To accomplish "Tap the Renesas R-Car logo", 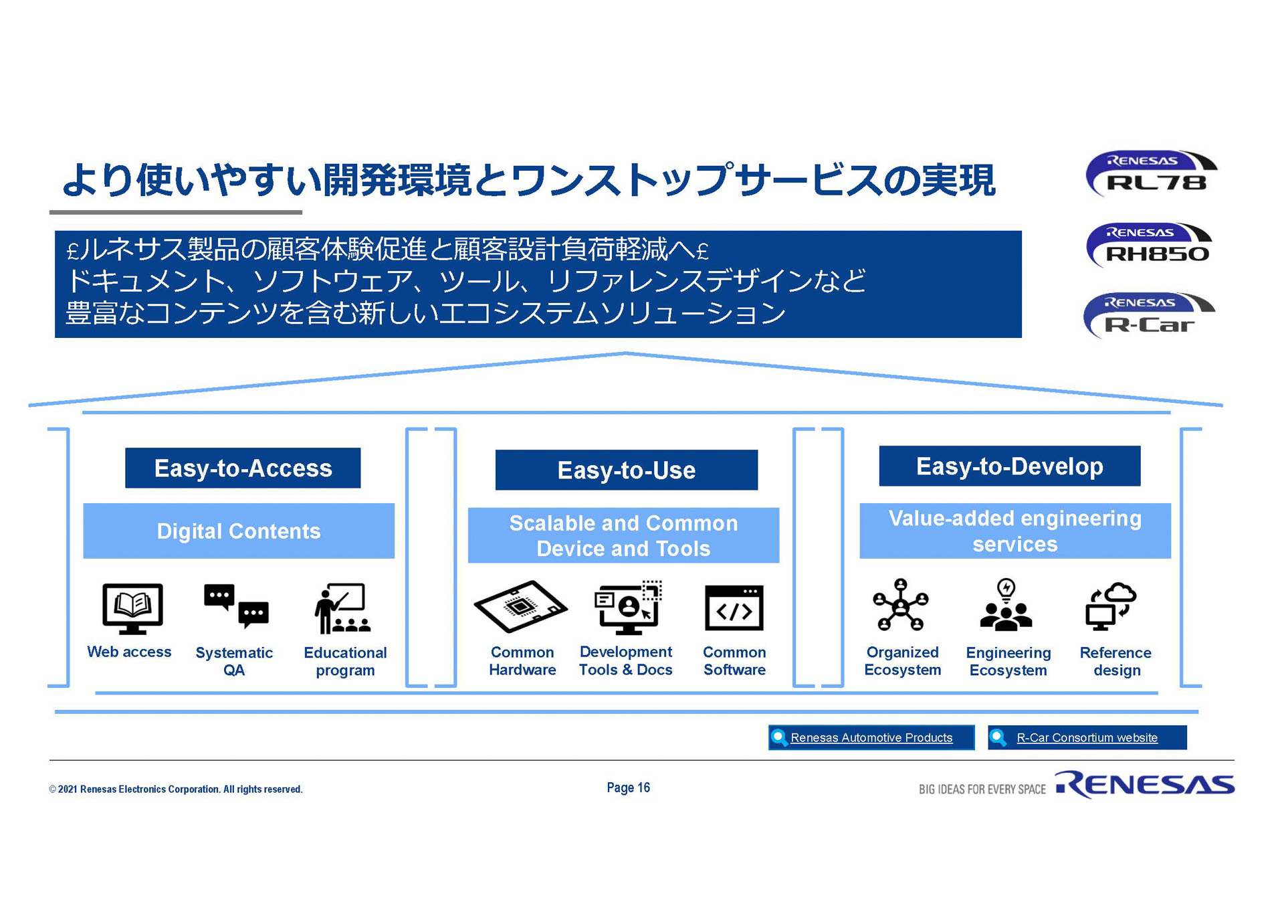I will tap(1149, 316).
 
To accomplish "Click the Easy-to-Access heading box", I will tap(243, 468).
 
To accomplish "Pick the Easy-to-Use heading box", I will tap(626, 470).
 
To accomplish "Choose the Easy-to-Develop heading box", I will tap(1009, 466).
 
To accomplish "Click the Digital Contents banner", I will tap(239, 531).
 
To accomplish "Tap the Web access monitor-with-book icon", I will tap(132, 608).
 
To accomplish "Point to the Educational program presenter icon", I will tap(343, 608).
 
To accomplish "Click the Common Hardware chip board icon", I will tap(521, 606).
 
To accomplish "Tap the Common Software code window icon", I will tap(734, 608).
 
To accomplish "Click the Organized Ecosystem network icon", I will tap(901, 605).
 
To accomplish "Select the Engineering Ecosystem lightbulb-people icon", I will tap(1006, 605).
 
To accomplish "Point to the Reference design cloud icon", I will tap(1111, 606).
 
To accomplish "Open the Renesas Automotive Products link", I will tap(871, 737).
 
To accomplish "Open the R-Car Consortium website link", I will tap(1087, 737).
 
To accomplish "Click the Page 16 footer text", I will tap(628, 788).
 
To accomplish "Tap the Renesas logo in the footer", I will tap(1144, 785).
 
